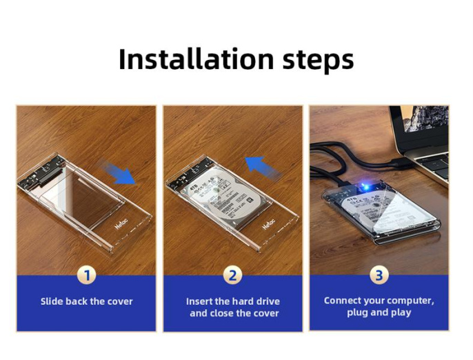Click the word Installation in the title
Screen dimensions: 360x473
coord(186,59)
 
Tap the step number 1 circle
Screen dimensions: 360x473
coord(86,276)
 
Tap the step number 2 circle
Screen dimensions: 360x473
coord(232,276)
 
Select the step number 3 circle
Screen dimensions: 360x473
coord(379,276)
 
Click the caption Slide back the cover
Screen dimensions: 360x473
coord(86,301)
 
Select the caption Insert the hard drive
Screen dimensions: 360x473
coord(232,301)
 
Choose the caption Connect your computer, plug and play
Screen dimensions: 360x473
coord(379,307)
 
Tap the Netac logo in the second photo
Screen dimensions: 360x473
coord(269,226)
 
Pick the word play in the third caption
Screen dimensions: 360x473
coord(400,313)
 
